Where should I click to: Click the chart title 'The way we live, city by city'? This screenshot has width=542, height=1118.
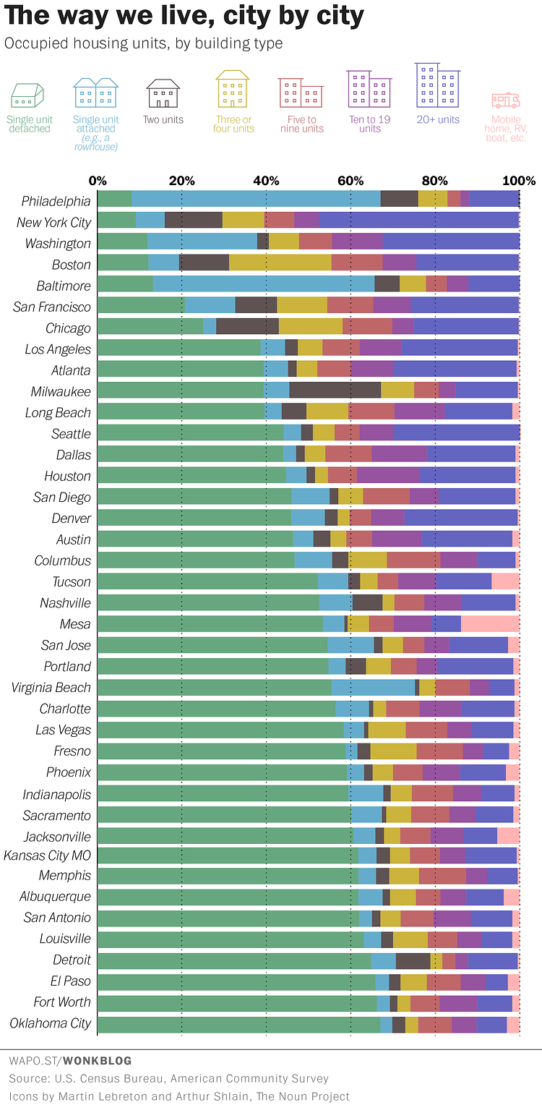tap(184, 16)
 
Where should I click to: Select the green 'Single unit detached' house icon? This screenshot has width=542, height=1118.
tap(27, 95)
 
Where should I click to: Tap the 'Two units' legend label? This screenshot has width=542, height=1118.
tap(163, 120)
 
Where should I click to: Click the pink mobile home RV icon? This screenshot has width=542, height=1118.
tap(506, 100)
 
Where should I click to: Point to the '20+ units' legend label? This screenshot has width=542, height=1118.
tap(438, 120)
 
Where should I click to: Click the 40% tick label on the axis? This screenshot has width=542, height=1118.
tap(266, 181)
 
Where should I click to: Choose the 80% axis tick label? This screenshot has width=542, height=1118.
tap(435, 181)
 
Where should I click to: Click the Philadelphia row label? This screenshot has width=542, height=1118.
tap(56, 201)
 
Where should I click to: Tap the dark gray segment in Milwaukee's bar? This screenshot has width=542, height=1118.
tap(335, 391)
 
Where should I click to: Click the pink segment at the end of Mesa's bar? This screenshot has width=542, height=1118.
tap(490, 624)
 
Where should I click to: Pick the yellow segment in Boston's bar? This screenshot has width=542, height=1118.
tap(280, 265)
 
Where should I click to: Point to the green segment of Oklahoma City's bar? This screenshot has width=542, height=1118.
tap(238, 1024)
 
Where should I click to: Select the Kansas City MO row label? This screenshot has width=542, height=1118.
tap(48, 855)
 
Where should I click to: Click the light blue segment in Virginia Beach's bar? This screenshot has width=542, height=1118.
tap(373, 688)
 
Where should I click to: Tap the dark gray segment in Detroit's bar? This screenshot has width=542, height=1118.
tap(413, 960)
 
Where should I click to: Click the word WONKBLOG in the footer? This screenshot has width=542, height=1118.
tap(97, 1061)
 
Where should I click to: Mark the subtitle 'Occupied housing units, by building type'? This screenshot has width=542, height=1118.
tap(144, 43)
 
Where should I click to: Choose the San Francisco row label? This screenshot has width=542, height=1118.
tap(52, 307)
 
